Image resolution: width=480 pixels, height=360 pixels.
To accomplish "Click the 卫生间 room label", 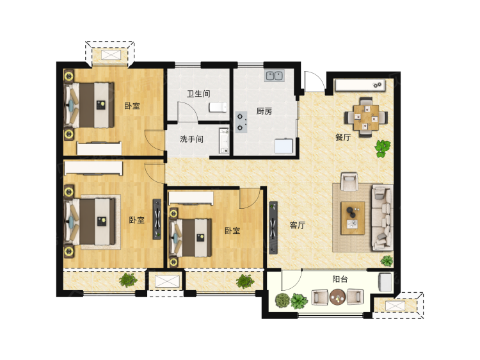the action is [198, 94].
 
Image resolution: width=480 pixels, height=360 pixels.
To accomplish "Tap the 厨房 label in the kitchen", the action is [264, 111].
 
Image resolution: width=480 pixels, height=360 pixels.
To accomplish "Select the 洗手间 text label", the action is [191, 139].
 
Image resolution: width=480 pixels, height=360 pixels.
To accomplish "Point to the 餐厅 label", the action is [343, 137].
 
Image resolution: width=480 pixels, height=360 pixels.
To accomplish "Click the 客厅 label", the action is [297, 225].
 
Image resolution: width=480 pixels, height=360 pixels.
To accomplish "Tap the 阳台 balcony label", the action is [340, 279].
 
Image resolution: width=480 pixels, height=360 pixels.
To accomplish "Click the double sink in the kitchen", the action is [275, 76].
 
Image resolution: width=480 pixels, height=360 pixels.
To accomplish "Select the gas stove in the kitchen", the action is [241, 122].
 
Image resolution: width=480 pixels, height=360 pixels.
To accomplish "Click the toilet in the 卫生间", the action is [218, 107].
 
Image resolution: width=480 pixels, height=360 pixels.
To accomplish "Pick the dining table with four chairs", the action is [366, 117].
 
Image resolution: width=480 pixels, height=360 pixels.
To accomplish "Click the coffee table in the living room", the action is [353, 218].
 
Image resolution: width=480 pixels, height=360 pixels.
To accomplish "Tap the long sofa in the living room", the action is [382, 217].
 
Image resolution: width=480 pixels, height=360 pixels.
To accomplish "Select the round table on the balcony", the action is [338, 297].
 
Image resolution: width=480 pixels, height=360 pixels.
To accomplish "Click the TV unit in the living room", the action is [273, 227].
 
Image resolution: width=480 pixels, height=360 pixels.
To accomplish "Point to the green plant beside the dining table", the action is [382, 149].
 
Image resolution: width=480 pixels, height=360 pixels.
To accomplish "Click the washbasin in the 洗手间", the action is [224, 141].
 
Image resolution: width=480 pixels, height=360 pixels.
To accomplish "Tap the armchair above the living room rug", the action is [349, 181].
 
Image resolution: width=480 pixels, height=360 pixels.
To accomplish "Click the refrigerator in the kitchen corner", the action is [284, 146].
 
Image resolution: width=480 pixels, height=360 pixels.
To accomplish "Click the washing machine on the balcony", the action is [385, 282].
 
